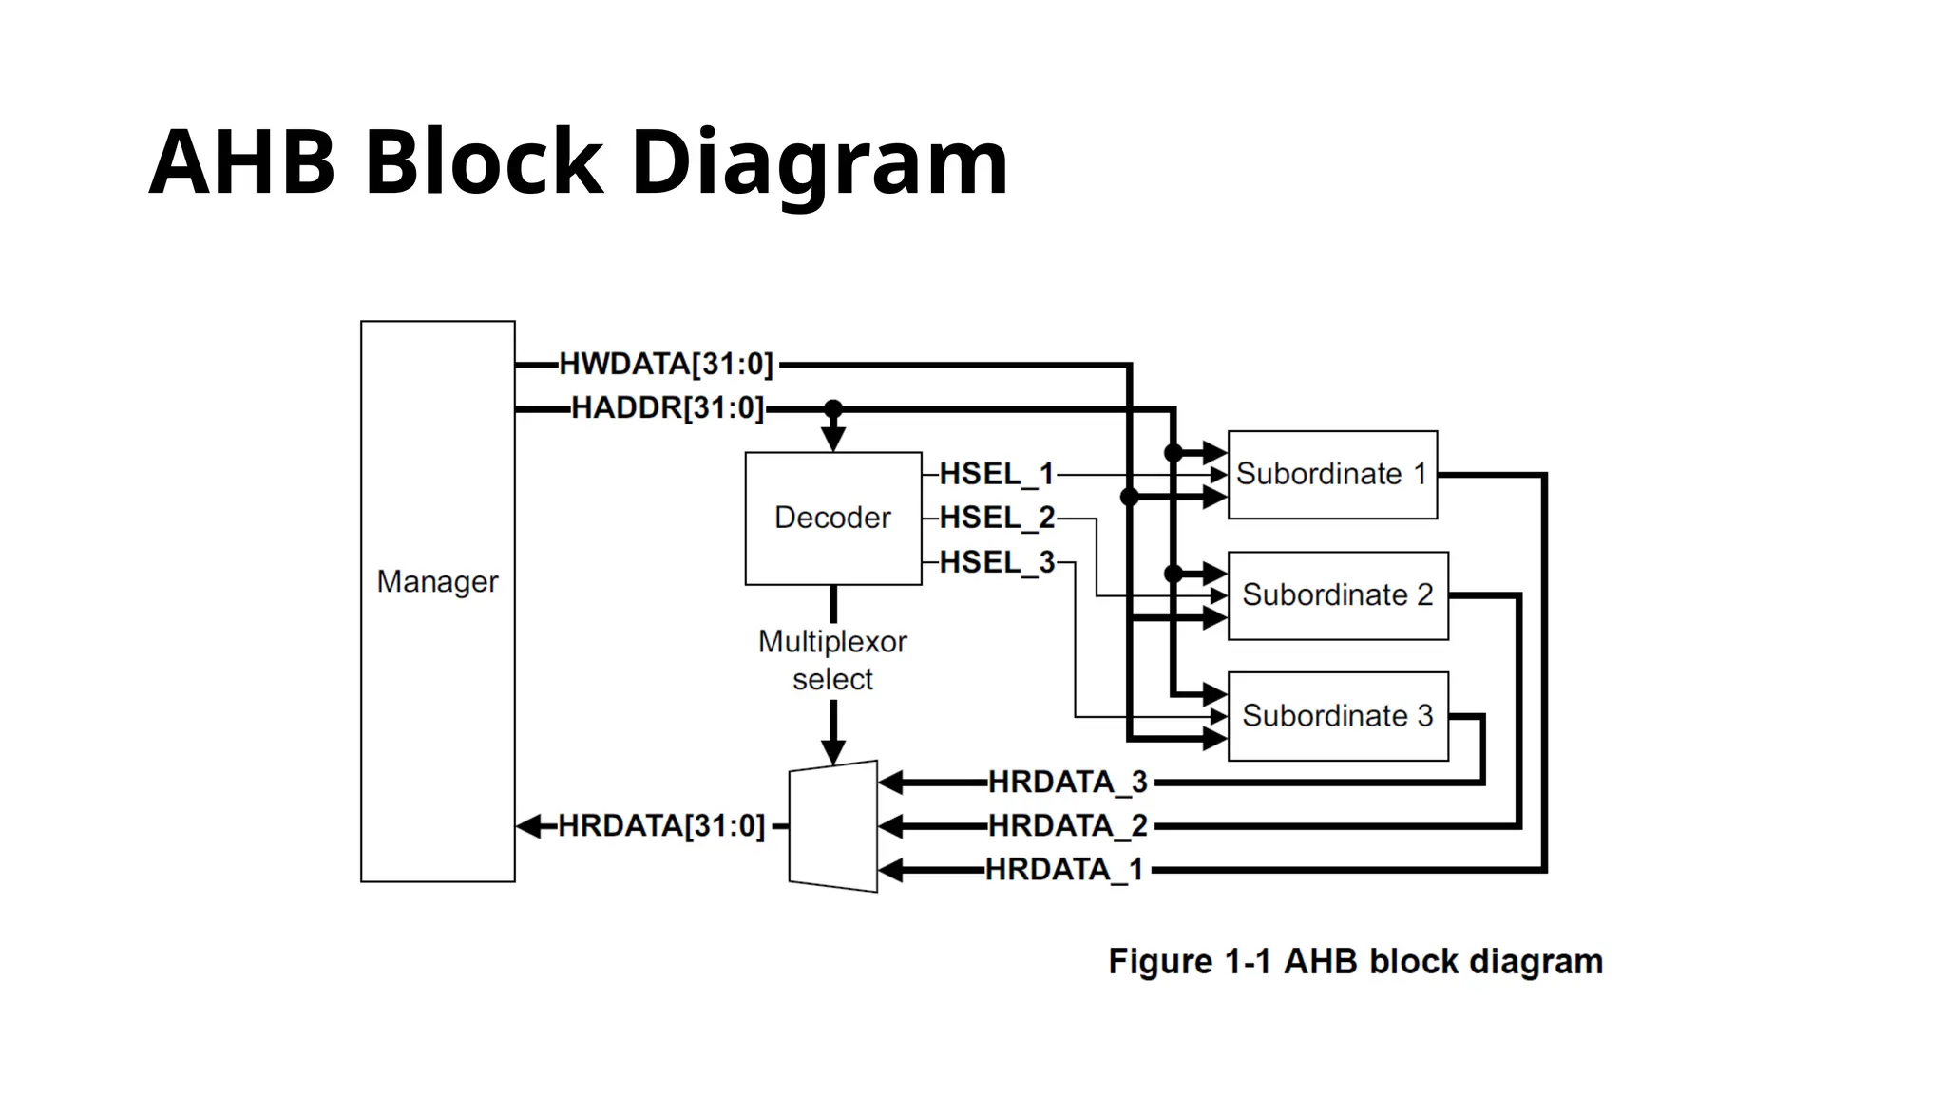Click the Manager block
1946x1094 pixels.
[x=437, y=601]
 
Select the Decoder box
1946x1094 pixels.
[x=832, y=518]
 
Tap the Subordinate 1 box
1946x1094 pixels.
[x=1331, y=474]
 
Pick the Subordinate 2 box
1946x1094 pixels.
[x=1337, y=594]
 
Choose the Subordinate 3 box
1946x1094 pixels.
[x=1337, y=715]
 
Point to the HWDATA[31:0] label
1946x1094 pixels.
[x=666, y=364]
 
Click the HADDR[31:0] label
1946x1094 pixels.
[x=667, y=408]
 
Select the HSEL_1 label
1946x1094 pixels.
[x=997, y=474]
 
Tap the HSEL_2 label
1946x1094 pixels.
[x=997, y=518]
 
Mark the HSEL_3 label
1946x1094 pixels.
[x=997, y=562]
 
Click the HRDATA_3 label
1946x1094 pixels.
[x=1068, y=782]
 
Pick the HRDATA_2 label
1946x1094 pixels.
[x=1068, y=825]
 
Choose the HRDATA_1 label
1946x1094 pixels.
[x=1064, y=869]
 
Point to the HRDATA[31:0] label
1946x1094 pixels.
[x=660, y=825]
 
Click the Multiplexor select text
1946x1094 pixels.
[x=832, y=660]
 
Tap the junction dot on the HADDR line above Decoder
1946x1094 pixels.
[x=833, y=409]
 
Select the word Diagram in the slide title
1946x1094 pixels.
[x=818, y=163]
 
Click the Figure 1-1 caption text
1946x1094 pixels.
[x=1355, y=961]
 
